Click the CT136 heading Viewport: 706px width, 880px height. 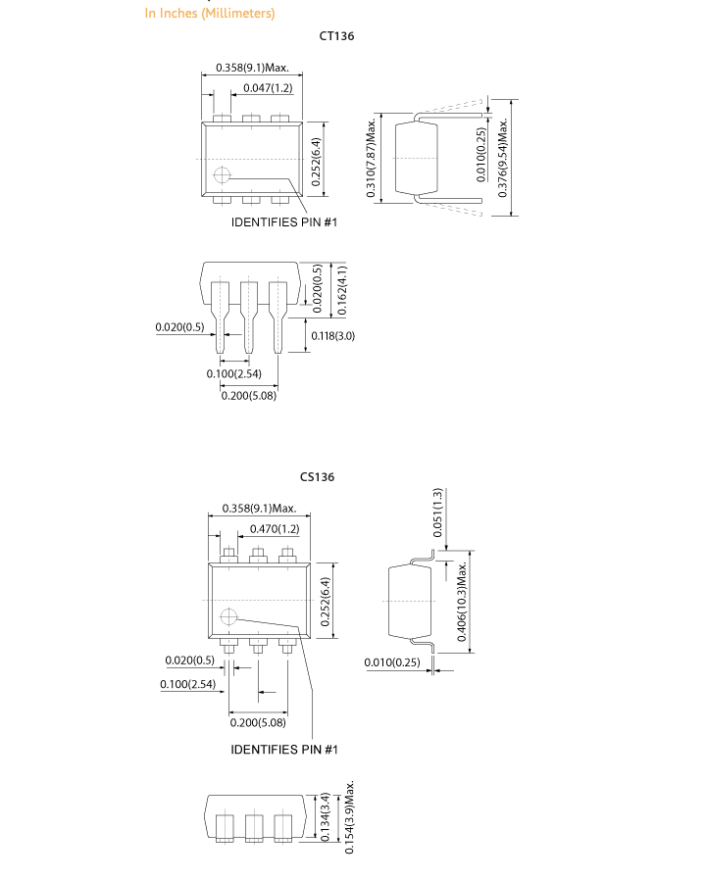[x=336, y=36]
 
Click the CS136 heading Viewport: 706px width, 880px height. [x=317, y=477]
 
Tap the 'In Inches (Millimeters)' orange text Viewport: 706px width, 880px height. [x=210, y=13]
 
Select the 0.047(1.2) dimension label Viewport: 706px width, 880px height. [x=268, y=87]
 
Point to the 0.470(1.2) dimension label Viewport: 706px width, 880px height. [x=275, y=528]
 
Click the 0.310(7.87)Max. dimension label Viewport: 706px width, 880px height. [x=371, y=158]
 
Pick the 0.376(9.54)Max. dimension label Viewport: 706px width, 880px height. [x=503, y=158]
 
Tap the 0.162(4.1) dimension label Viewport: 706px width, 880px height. [x=342, y=290]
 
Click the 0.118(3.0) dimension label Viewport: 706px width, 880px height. [x=333, y=335]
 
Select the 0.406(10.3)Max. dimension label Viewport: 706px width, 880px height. [x=462, y=601]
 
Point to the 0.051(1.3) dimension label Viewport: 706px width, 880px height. [x=437, y=513]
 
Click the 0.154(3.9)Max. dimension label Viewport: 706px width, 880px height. [x=349, y=817]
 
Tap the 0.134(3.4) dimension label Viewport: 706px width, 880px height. [x=326, y=816]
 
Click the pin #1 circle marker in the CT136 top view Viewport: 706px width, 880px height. [x=223, y=175]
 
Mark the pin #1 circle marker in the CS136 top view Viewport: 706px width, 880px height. [x=228, y=616]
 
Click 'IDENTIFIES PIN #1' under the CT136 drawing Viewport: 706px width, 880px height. [x=284, y=222]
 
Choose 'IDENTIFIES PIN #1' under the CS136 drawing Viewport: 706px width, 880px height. [x=284, y=750]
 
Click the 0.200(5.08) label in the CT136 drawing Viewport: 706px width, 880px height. [x=248, y=396]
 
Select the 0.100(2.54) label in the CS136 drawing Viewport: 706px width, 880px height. [x=187, y=684]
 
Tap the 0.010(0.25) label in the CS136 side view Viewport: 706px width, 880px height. [x=392, y=662]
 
